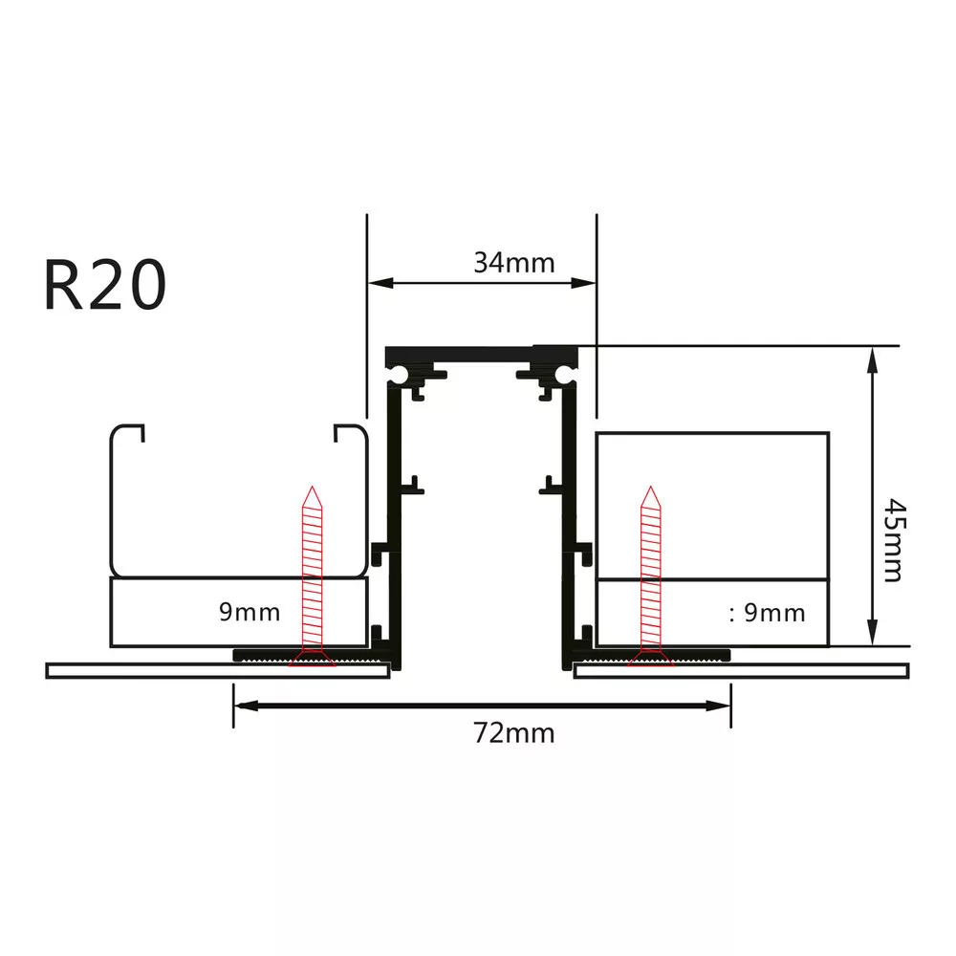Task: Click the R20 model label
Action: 105,285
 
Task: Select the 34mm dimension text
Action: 513,262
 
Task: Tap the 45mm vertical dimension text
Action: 892,539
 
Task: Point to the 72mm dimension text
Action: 513,733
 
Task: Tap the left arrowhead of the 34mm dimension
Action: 377,283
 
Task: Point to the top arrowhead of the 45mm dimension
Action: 872,357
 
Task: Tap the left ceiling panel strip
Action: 217,670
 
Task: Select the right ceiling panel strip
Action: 741,670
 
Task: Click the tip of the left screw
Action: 312,490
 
